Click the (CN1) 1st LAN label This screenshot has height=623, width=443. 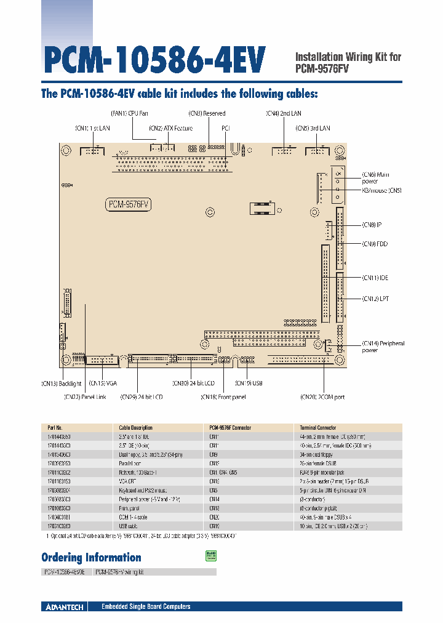pos(92,128)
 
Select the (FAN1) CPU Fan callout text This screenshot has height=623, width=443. pos(129,113)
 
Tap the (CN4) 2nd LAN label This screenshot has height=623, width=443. pos(284,113)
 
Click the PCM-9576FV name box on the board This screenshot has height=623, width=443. pos(130,204)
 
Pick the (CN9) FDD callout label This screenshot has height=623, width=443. pos(375,244)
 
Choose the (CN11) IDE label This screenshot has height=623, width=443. pos(375,278)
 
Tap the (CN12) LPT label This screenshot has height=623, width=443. pos(375,299)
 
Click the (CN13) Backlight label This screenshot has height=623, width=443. pos(62,384)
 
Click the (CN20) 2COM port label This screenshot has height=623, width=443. pos(322,397)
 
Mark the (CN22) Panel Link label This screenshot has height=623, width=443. pos(85,397)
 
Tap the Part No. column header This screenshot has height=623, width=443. pos(55,427)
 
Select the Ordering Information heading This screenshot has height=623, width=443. pos(91,558)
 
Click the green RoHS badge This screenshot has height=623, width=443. pos(209,556)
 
